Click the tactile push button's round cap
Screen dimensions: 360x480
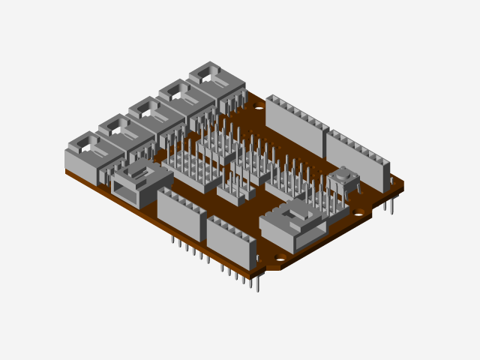coord(343,174)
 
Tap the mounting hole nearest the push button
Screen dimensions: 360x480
coord(359,214)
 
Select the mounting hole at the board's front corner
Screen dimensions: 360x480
coord(280,257)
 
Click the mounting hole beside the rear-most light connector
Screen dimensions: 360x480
coord(259,108)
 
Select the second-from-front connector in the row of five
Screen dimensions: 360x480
coord(120,133)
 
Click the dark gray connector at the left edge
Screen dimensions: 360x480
coord(140,183)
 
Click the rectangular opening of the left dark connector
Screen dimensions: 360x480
coord(125,190)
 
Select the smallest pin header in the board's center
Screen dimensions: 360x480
coord(235,193)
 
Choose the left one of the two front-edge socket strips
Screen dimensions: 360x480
coord(181,213)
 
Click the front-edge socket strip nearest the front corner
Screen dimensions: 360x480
coord(231,241)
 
